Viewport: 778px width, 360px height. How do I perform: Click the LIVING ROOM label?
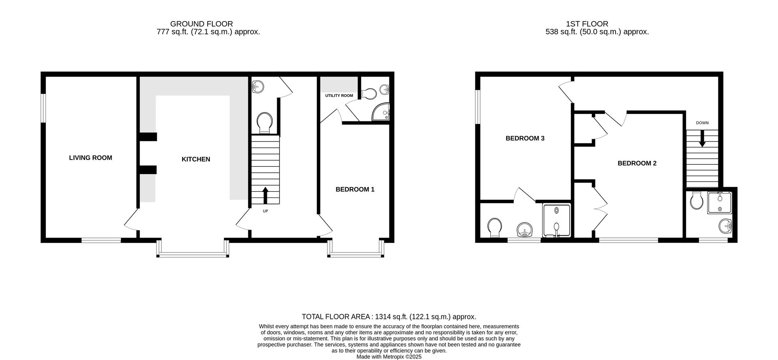point(90,158)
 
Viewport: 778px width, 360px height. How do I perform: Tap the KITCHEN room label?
point(196,160)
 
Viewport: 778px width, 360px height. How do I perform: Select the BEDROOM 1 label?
point(355,190)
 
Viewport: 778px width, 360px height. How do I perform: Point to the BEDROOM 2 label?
point(637,164)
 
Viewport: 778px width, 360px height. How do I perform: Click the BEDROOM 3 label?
point(525,138)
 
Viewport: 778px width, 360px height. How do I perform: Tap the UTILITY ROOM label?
point(339,96)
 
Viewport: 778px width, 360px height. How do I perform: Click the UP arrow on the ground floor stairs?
point(265,195)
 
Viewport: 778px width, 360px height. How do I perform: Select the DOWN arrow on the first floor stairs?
point(702,138)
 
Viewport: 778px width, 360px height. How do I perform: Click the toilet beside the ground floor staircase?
point(265,123)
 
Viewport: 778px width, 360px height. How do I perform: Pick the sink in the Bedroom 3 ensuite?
point(525,230)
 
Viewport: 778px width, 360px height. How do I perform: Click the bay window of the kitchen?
point(193,249)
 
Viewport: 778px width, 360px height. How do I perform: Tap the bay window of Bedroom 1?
point(356,249)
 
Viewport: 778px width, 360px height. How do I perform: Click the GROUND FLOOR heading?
point(201,24)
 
